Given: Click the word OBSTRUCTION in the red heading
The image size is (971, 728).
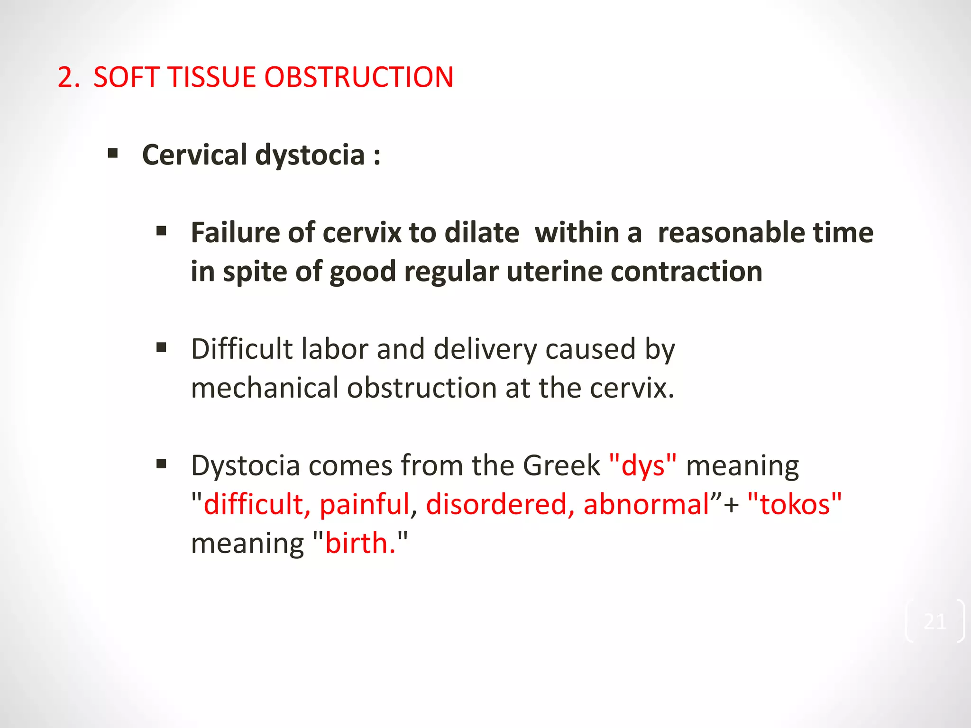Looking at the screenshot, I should pos(359,77).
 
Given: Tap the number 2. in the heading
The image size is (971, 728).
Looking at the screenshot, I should pos(69,77).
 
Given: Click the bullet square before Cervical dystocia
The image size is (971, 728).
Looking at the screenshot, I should pos(113,154).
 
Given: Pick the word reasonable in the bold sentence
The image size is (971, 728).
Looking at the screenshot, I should pos(731,233).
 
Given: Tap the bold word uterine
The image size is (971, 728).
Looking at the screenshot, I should pos(554,272).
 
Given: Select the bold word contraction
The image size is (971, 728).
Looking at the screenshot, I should pos(687,272).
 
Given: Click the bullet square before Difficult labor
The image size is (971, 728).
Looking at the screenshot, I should pos(161,348).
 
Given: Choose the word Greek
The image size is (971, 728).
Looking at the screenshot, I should pos(561,465).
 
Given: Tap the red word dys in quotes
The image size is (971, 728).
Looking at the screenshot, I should pos(643,466).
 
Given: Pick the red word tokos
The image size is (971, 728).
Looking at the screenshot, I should pos(795,504).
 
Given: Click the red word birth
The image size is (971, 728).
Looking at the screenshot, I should pos(360,543).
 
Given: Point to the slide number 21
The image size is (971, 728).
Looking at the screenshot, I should pos(934,621).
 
